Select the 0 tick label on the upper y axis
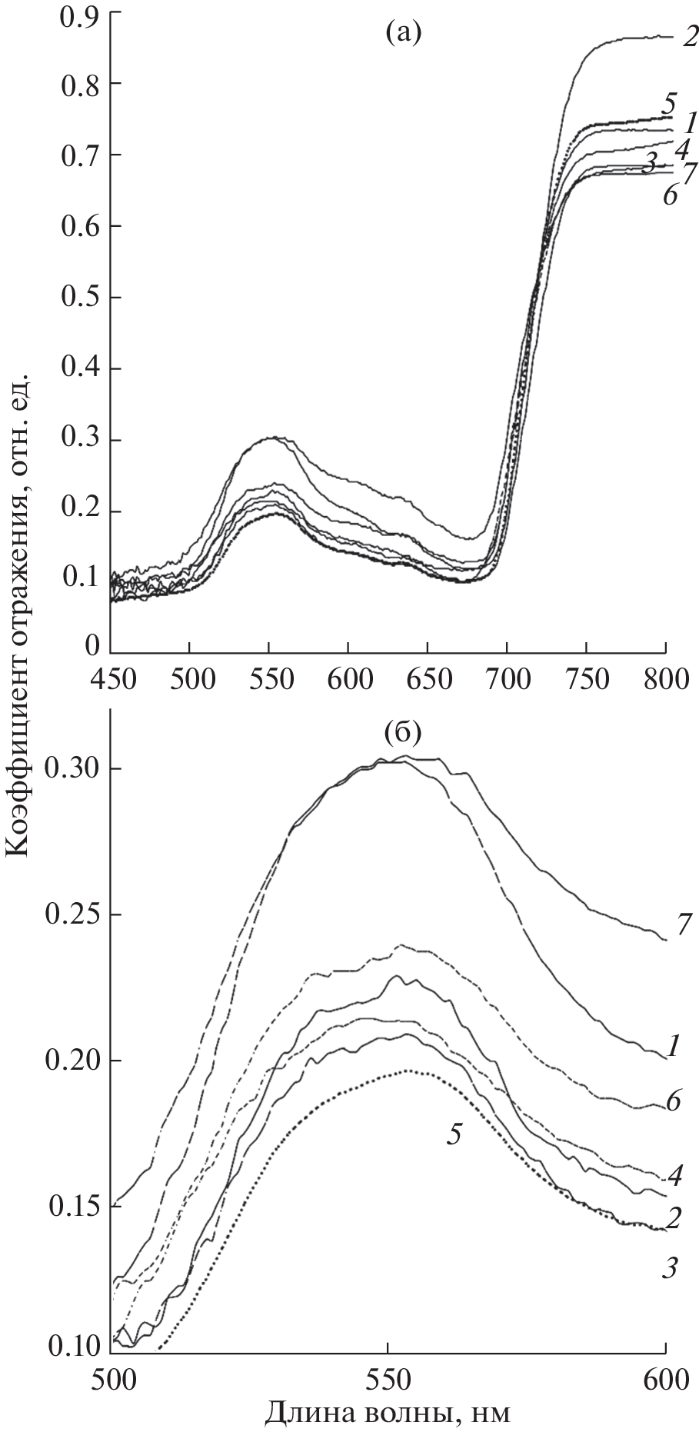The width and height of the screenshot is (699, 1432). tap(92, 644)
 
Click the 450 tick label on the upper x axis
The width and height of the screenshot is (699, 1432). tap(112, 680)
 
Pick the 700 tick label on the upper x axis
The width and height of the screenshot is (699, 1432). tap(508, 680)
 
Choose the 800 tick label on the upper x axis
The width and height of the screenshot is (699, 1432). tap(665, 680)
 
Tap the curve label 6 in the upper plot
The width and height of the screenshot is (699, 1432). tap(669, 195)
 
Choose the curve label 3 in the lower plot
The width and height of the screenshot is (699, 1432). tap(669, 1267)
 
